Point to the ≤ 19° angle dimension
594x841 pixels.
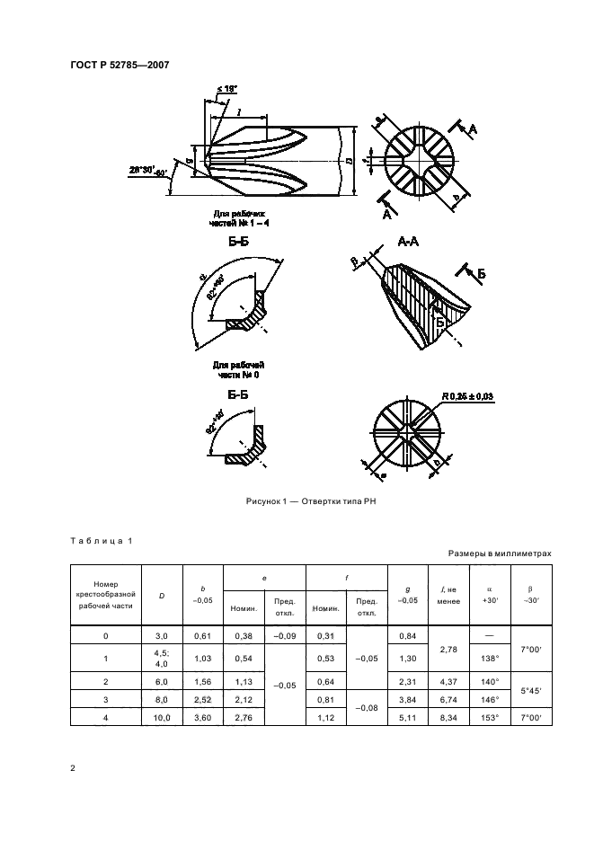coord(226,89)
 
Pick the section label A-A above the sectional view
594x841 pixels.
coord(409,241)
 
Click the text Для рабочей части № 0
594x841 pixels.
coord(238,369)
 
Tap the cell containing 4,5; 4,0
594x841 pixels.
coord(162,658)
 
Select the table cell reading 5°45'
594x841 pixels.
coord(531,689)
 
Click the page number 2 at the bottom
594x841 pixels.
coord(73,768)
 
